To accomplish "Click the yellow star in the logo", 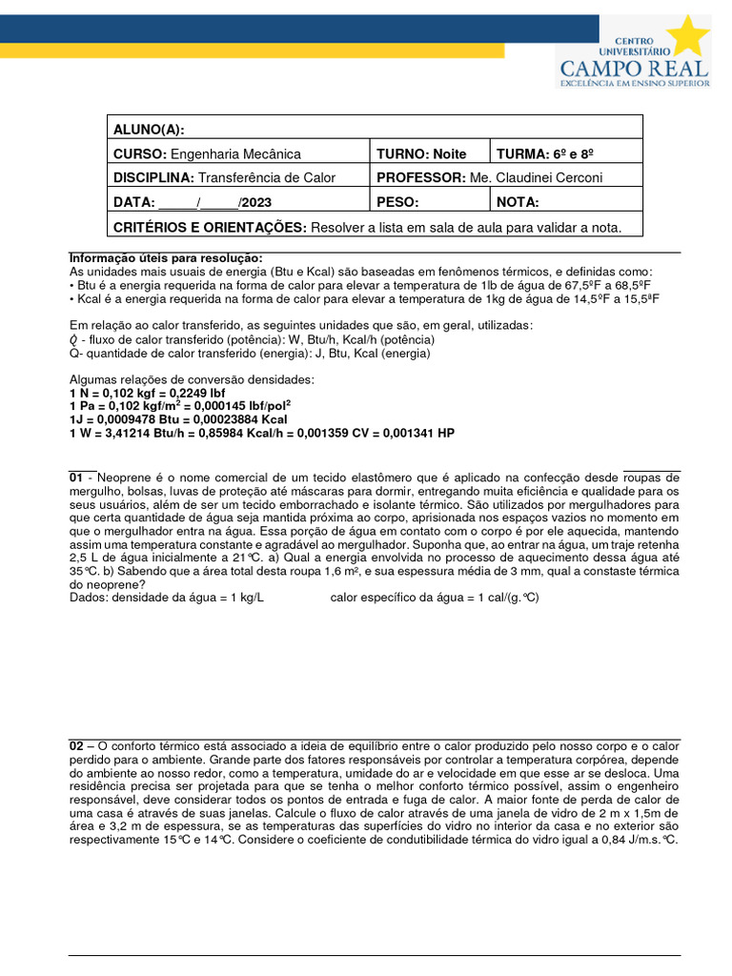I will click(689, 35).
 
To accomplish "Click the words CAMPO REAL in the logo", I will click(633, 68).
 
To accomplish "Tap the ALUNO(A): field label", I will click(149, 130).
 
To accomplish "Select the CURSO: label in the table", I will click(140, 153).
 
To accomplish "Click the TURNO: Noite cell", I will click(421, 153).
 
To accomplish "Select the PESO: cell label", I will click(398, 202).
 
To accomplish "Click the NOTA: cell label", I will click(518, 202).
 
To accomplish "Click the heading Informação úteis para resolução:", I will click(166, 258).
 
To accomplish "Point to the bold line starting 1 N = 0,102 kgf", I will click(151, 393).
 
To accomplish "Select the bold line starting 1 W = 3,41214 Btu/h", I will click(262, 433).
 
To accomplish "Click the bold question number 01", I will click(77, 477).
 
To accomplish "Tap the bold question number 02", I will click(77, 744).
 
